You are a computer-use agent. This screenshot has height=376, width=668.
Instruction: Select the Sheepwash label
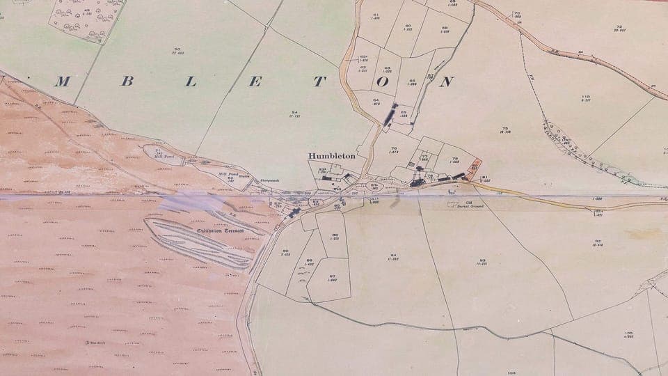[269, 182]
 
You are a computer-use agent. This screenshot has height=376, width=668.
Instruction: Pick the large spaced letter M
[62, 81]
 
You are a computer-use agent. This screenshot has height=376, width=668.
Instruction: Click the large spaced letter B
[127, 81]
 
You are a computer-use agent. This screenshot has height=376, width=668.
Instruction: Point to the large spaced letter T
[319, 81]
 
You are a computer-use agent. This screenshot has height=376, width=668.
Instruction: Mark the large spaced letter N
[446, 81]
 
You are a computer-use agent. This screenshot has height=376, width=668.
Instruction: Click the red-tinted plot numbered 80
[474, 168]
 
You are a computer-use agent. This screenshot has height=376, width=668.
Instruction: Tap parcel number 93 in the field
[480, 262]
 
